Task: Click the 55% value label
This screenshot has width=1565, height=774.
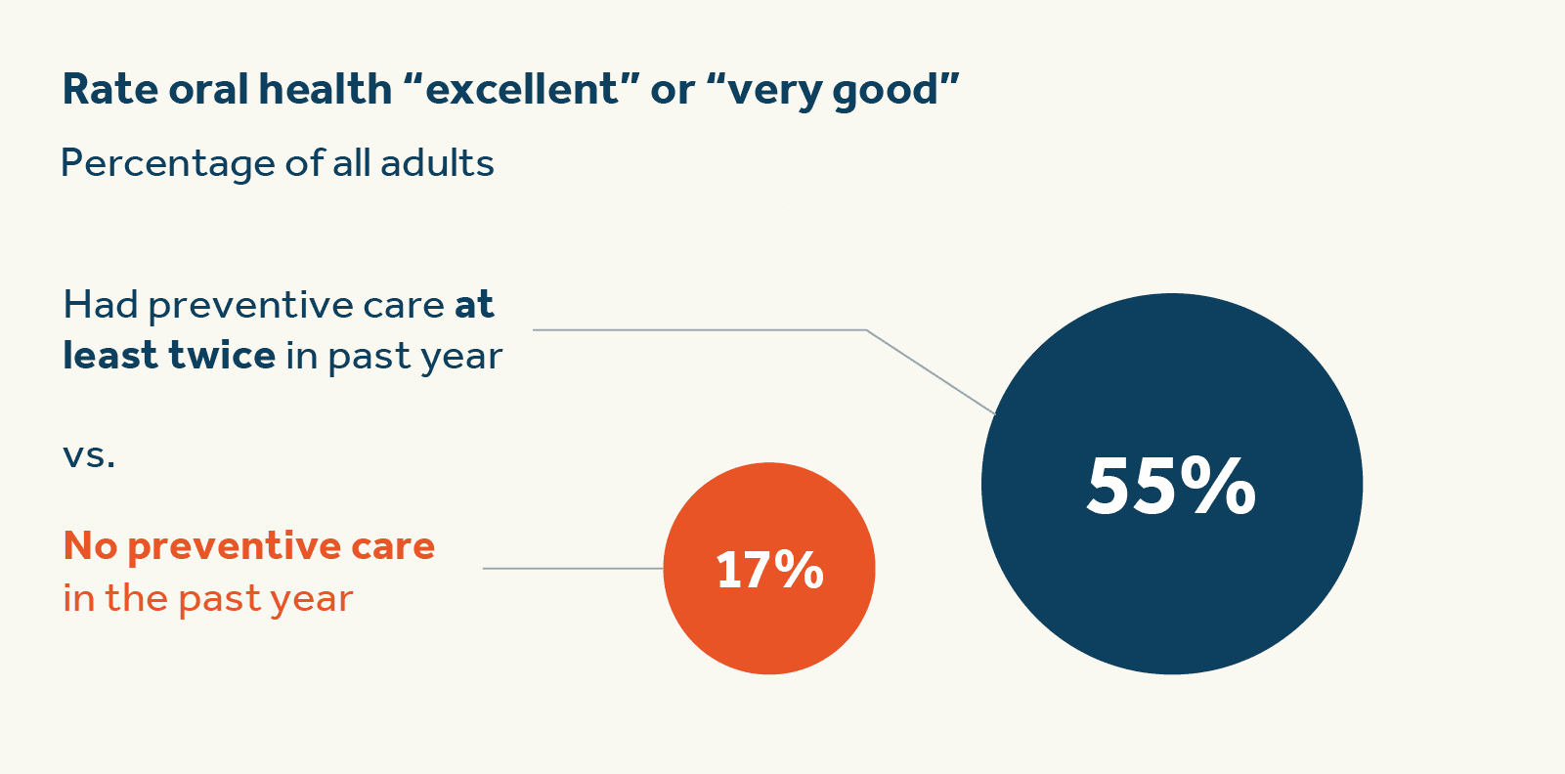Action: [x=1170, y=486]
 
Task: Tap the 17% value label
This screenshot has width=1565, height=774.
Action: [x=769, y=570]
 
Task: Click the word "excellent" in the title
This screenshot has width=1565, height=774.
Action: [x=523, y=90]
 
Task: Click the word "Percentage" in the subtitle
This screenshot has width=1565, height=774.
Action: [x=166, y=163]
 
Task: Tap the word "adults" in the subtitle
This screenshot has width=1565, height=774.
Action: [x=437, y=163]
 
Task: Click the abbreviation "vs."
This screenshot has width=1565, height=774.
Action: [x=89, y=454]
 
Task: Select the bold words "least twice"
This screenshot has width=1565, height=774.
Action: [x=169, y=356]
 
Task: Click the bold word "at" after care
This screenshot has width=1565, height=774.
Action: [x=474, y=305]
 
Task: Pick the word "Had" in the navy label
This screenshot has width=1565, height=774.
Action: [x=101, y=305]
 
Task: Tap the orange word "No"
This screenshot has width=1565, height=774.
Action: [x=90, y=545]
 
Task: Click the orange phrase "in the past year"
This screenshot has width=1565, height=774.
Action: [x=207, y=598]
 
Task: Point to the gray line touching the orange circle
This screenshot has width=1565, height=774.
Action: [x=573, y=568]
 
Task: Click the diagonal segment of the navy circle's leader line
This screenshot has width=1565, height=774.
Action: [x=931, y=372]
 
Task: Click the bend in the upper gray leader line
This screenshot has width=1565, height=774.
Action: [x=866, y=330]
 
